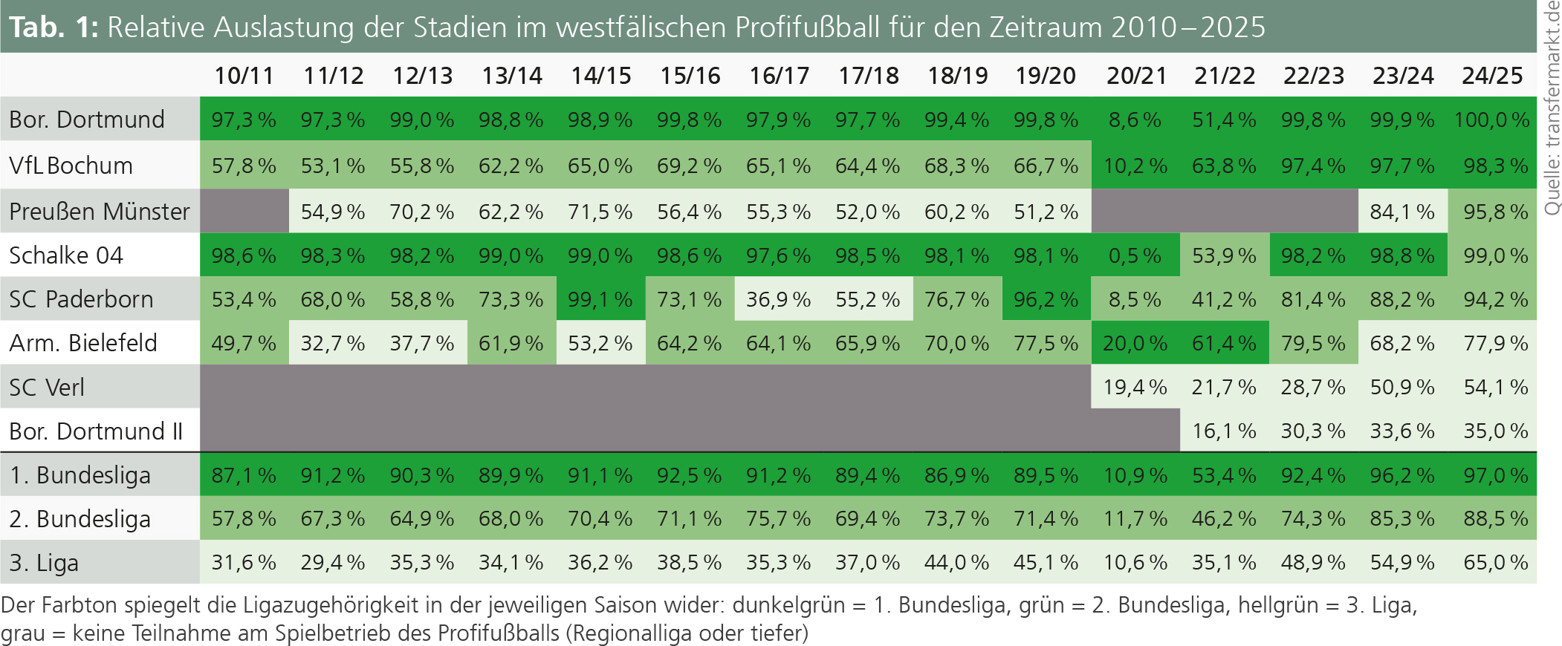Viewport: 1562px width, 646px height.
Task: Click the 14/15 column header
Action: [600, 76]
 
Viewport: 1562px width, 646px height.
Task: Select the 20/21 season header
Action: [1135, 76]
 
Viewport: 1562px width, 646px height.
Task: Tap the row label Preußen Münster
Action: [100, 212]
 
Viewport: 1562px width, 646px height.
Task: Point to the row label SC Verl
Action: [47, 387]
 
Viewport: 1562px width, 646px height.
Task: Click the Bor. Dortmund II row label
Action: [96, 431]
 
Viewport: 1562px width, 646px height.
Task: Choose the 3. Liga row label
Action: [44, 563]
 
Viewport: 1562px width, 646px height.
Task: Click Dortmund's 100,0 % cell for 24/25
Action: [1491, 120]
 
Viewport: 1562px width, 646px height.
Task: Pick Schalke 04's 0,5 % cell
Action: [1135, 255]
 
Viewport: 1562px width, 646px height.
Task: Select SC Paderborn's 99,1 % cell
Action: [600, 299]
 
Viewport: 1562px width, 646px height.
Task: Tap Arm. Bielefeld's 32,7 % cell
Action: [333, 343]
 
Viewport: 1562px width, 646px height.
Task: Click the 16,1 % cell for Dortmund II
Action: [1224, 431]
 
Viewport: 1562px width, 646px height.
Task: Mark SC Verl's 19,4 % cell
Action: [1135, 387]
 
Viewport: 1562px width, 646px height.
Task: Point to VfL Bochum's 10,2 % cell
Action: [1135, 166]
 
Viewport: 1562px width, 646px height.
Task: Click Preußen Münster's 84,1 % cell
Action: [1402, 212]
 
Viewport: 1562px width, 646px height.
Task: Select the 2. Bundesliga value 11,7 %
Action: [1135, 518]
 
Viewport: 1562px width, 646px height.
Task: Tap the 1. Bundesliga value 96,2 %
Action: [1402, 474]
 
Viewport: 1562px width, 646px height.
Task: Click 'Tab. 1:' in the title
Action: [54, 27]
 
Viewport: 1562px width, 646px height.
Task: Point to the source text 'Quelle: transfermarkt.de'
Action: [1552, 108]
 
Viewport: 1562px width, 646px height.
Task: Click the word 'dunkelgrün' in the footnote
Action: [788, 605]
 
